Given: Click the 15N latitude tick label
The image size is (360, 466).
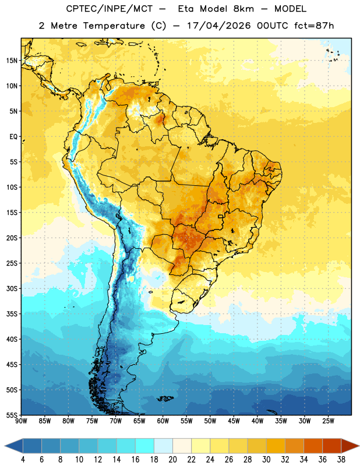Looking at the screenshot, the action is (12, 61).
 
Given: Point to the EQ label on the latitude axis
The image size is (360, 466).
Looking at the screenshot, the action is (13, 137).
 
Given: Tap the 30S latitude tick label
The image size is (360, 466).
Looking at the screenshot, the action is (12, 288).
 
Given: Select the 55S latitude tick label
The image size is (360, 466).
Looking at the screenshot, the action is (12, 415).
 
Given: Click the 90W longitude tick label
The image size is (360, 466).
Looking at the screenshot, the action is (21, 421).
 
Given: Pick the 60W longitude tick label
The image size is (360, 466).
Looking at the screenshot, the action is (163, 421).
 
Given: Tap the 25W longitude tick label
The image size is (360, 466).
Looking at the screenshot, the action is (328, 421).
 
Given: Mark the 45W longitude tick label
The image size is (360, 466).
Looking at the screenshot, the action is (234, 421).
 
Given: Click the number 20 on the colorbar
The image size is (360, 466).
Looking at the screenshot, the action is (172, 460).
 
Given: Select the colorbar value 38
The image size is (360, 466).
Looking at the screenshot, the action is (341, 460).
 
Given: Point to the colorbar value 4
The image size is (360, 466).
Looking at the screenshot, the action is (23, 460).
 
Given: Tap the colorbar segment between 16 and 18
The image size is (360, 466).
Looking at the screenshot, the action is (144, 446).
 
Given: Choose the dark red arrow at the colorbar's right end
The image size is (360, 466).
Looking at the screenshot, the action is (350, 446).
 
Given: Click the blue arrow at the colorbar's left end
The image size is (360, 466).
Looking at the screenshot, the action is (13, 446).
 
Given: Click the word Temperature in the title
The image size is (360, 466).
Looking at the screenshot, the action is (114, 26).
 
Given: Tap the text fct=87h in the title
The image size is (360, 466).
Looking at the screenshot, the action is (314, 26).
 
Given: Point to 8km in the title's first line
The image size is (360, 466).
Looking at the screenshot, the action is (243, 9).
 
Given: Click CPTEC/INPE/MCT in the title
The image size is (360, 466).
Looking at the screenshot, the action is (109, 9).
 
